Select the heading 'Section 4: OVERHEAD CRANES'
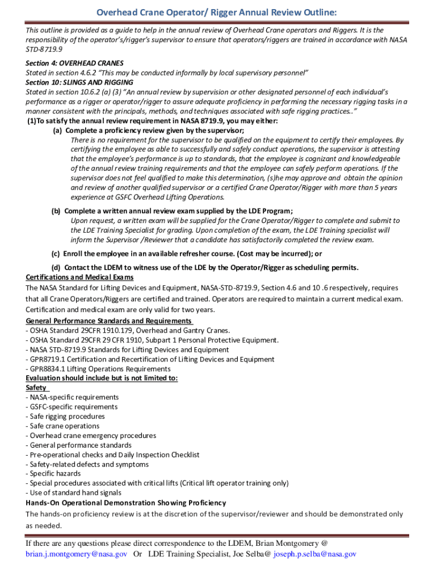[74, 64]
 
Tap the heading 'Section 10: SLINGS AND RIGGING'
[79, 82]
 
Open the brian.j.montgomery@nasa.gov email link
[76, 554]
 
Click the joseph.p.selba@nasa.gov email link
[314, 554]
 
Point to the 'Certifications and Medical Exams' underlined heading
[79, 277]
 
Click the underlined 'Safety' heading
[37, 388]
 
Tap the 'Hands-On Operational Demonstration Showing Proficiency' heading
[125, 503]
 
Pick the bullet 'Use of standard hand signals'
[73, 493]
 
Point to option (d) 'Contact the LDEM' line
[205, 268]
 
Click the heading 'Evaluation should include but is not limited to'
[102, 378]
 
